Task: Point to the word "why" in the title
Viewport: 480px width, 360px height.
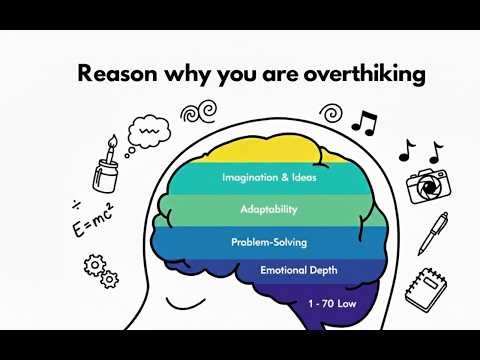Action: tap(181, 75)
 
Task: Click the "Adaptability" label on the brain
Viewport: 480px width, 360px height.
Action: tap(268, 210)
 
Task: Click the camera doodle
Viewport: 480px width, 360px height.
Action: tap(426, 186)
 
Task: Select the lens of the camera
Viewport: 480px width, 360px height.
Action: tap(426, 188)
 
